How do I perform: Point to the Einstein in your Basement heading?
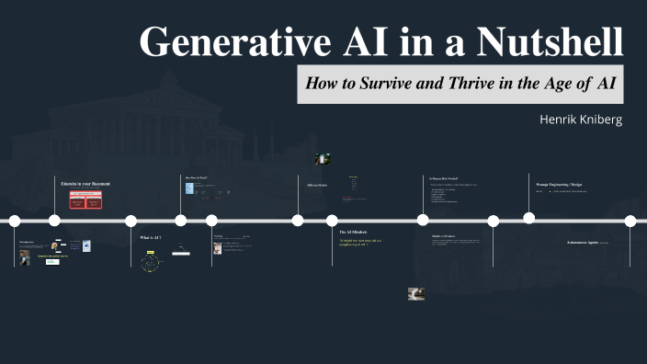(85, 184)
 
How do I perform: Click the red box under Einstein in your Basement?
(81, 200)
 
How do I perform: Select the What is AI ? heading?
(151, 237)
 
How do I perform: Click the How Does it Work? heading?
(198, 176)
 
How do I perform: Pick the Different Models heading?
(316, 185)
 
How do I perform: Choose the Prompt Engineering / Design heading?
(559, 184)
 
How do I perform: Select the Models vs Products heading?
(445, 236)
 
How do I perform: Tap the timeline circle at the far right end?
(630, 220)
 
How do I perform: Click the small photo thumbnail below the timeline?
(415, 294)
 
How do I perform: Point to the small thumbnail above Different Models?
(322, 159)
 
